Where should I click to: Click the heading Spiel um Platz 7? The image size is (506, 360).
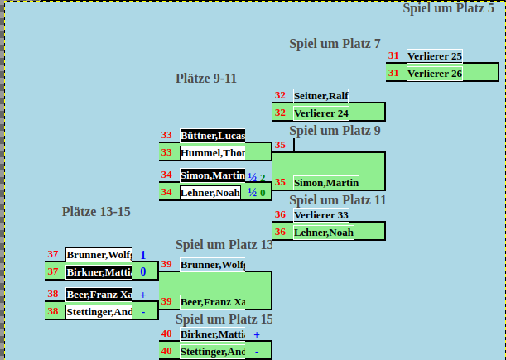pos(335,44)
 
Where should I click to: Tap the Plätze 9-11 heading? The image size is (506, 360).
pos(206,79)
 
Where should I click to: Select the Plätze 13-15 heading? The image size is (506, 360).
pos(96,212)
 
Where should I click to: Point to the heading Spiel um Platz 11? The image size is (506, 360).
pos(337,199)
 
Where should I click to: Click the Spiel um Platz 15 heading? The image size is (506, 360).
pos(224,319)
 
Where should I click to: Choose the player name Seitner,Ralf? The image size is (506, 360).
pos(320,96)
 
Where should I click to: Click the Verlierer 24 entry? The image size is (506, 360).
pos(320,113)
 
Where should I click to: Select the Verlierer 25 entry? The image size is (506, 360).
pos(435,56)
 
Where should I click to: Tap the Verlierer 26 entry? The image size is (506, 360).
pos(435,73)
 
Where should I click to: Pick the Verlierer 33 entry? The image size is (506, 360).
pos(320,215)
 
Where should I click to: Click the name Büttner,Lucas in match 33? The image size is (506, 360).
pos(212,136)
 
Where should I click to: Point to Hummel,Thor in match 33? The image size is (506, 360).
pos(212,152)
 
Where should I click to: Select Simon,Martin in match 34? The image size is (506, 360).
pos(212,175)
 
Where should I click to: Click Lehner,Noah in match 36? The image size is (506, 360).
pos(324,233)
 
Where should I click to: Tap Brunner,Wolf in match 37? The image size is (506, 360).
pos(99,255)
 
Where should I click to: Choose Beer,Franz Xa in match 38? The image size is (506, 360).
pos(99,295)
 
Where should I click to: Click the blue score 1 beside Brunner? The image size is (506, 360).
pos(142,255)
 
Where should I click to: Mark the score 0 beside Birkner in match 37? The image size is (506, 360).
pos(142,271)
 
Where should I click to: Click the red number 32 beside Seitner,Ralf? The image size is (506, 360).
pos(280,96)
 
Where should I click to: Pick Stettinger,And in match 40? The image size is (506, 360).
pos(212,352)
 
